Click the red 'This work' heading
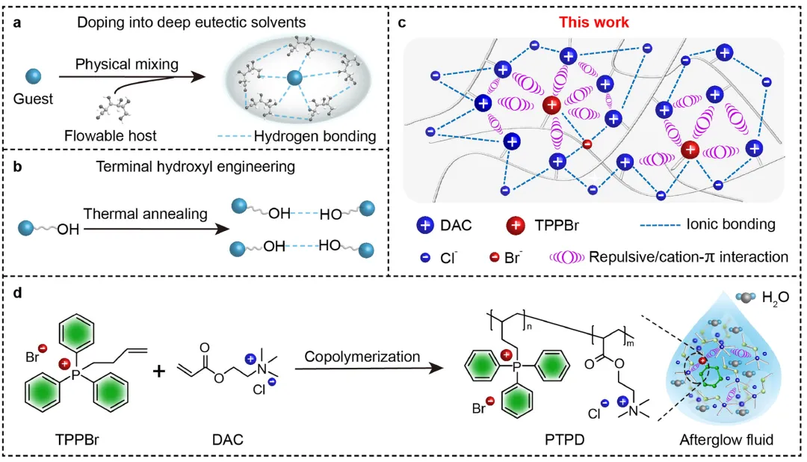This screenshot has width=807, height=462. [595, 22]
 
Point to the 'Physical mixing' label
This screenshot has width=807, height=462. [127, 64]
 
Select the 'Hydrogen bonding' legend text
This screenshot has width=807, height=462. [315, 136]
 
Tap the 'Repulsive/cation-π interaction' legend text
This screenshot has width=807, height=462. [688, 256]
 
